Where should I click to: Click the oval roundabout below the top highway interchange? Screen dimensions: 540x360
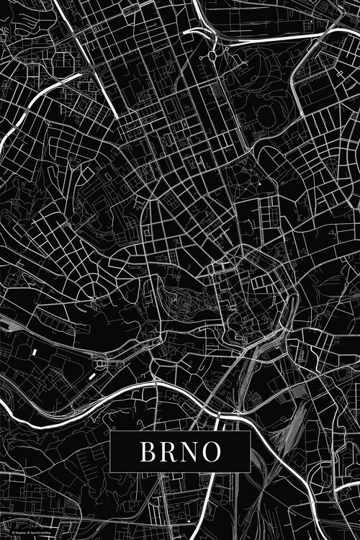(x=214, y=53)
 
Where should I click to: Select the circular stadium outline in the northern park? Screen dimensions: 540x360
(x=266, y=116)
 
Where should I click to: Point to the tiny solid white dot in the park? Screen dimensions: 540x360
(x=260, y=185)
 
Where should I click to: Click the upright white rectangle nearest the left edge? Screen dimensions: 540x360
(x=33, y=351)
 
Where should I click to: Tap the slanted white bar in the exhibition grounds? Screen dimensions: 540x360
(x=91, y=375)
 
